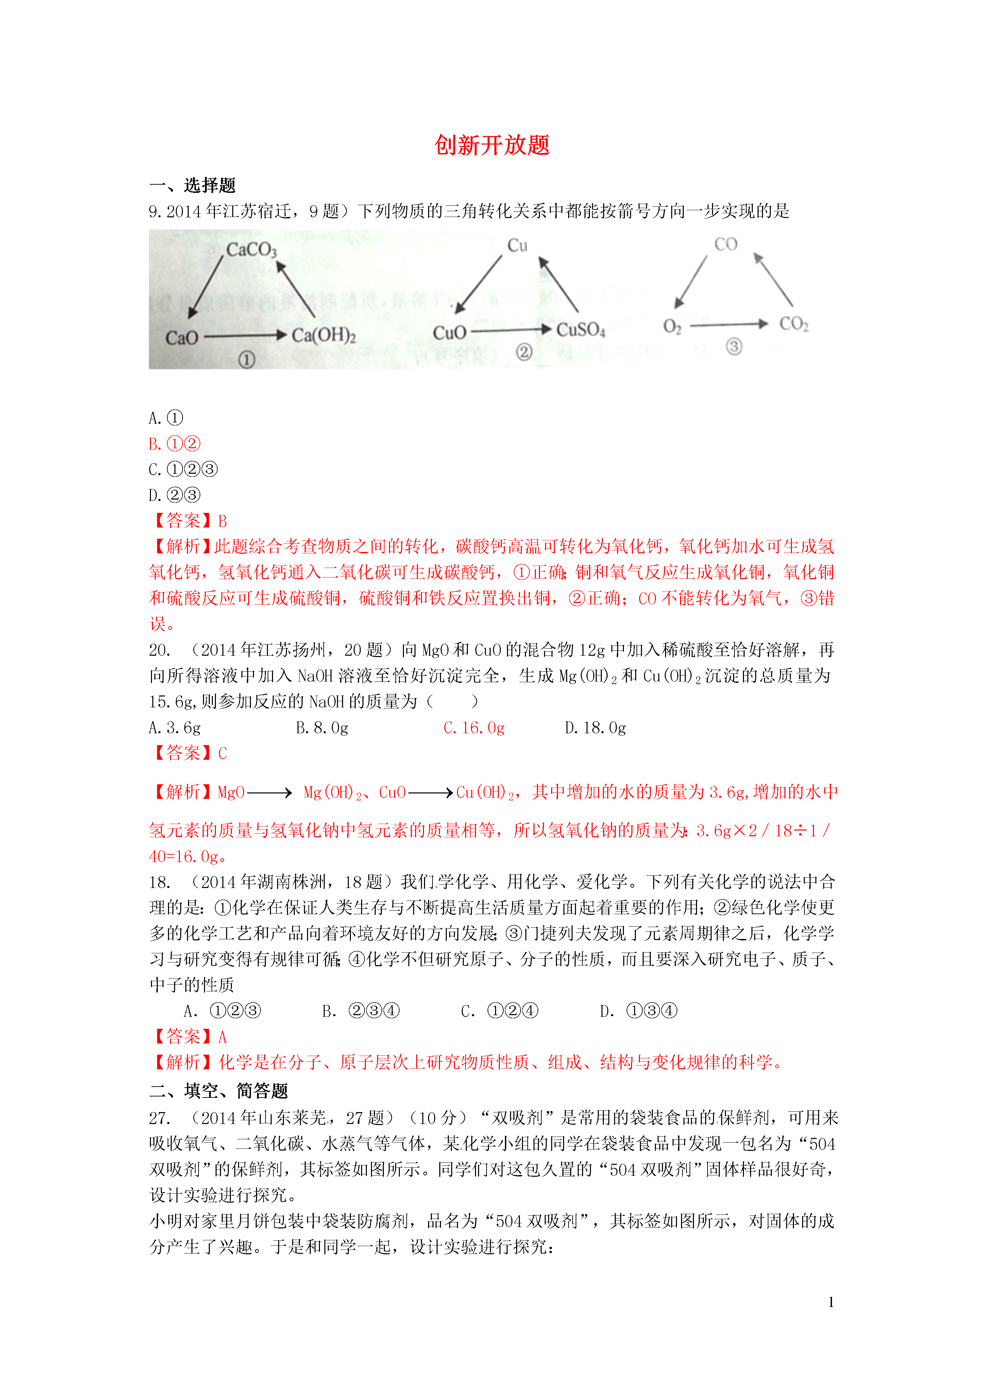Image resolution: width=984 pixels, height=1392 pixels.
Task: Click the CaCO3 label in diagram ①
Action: [251, 250]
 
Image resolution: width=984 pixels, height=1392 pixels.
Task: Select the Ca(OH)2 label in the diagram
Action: [323, 335]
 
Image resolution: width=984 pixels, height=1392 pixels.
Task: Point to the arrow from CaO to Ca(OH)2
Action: [244, 335]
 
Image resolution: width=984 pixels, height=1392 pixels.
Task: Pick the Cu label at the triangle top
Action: [517, 246]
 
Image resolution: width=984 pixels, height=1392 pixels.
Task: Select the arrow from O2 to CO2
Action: [729, 325]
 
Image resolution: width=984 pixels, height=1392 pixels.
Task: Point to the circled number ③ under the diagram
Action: [734, 347]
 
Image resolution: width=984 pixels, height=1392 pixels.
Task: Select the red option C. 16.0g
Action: [474, 727]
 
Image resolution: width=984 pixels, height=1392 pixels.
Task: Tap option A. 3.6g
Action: [175, 727]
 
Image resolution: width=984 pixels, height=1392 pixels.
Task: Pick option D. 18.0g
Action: [595, 727]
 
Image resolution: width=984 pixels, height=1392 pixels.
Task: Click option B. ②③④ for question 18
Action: [361, 1011]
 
